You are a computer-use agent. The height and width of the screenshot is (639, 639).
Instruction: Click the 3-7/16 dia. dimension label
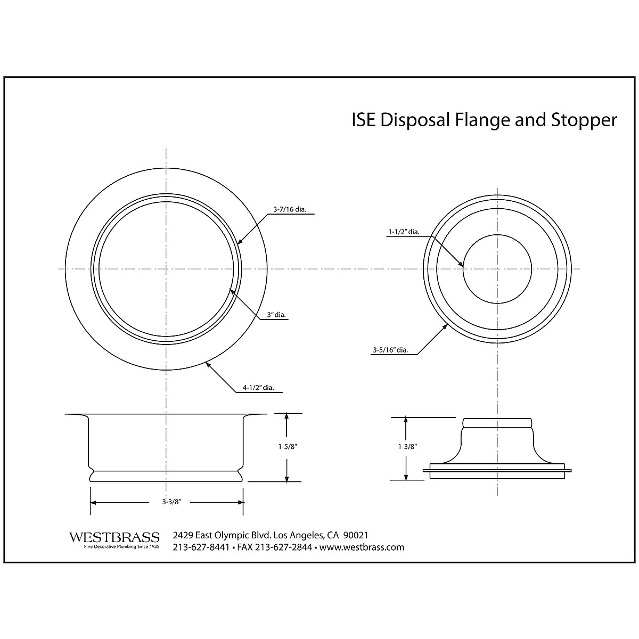pyautogui.click(x=288, y=209)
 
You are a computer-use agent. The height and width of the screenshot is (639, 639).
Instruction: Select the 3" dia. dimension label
pyautogui.click(x=276, y=315)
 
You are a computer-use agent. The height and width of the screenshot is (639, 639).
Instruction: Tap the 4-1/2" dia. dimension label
pyautogui.click(x=258, y=388)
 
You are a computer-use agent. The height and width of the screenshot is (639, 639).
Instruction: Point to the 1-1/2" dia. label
pyautogui.click(x=403, y=232)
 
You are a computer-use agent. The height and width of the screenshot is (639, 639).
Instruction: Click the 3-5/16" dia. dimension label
pyautogui.click(x=390, y=350)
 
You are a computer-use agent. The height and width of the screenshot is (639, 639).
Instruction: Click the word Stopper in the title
pyautogui.click(x=582, y=120)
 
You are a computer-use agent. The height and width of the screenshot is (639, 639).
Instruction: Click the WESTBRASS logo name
pyautogui.click(x=114, y=537)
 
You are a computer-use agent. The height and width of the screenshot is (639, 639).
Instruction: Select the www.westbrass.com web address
pyautogui.click(x=362, y=547)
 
